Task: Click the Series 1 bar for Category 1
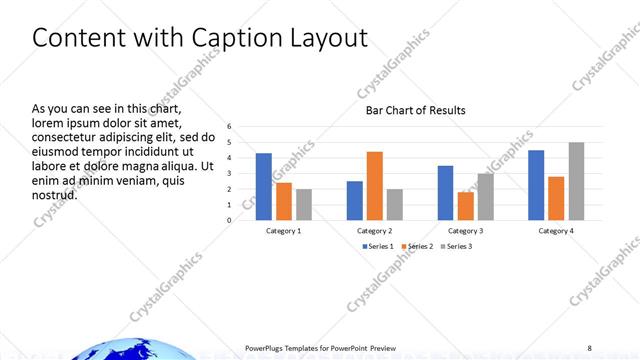264,187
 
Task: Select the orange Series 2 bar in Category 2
375,186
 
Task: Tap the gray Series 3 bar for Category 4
576,181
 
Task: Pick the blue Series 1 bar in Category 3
445,193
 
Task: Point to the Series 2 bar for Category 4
556,198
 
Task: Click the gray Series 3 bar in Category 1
304,204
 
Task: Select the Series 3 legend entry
456,246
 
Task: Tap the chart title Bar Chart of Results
415,110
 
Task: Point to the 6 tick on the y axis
229,127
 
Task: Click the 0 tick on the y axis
229,220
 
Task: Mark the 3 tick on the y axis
229,173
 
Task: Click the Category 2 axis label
375,231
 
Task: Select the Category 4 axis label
556,231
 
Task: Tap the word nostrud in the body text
54,194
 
